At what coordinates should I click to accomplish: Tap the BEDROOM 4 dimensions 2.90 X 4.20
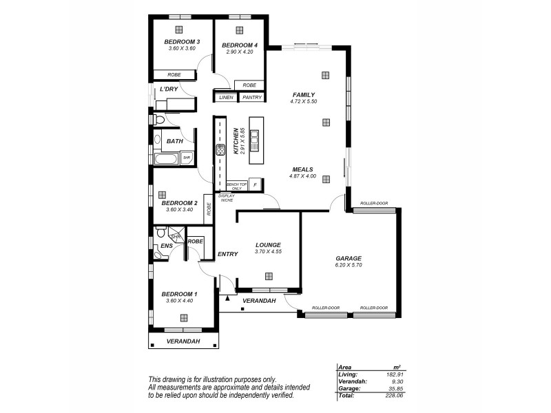(x=239, y=52)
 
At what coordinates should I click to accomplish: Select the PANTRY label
(x=250, y=98)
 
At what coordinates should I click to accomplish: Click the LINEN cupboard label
(x=226, y=98)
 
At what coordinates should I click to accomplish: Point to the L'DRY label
(x=168, y=89)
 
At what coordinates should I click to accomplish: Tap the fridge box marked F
(x=255, y=184)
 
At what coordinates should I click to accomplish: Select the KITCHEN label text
(x=236, y=141)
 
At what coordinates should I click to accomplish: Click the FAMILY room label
(x=303, y=95)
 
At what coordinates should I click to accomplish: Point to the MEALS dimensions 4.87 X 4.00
(x=302, y=176)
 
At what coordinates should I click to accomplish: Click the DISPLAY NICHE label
(x=227, y=198)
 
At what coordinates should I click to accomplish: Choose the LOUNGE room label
(x=268, y=244)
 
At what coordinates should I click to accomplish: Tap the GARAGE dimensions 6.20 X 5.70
(x=349, y=265)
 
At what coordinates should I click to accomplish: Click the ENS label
(x=167, y=246)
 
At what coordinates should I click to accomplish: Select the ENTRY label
(x=227, y=254)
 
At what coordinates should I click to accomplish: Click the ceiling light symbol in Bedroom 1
(x=184, y=317)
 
